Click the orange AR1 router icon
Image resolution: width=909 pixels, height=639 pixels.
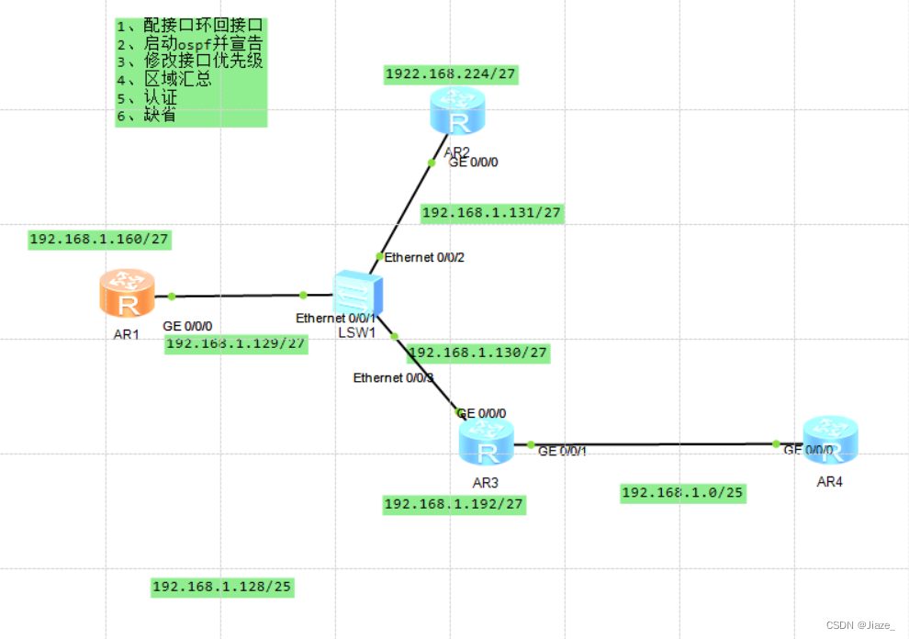coord(127,294)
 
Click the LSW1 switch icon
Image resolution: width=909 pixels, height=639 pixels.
coord(356,294)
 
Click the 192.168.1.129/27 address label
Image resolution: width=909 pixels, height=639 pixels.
coord(236,343)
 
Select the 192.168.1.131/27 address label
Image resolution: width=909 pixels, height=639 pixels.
coord(491,213)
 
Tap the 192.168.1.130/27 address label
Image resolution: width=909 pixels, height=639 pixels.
coord(477,353)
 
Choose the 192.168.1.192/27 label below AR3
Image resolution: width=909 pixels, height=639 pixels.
coord(454,503)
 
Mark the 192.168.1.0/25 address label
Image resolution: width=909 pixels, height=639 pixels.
coord(682,493)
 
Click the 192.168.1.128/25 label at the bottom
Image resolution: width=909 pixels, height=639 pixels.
coord(222,587)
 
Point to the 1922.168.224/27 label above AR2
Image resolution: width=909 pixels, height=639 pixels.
coord(450,74)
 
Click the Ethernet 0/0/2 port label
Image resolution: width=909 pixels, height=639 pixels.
coord(424,257)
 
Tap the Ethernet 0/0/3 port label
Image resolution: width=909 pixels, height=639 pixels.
coord(393,377)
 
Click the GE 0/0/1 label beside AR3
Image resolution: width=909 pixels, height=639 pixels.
coord(562,451)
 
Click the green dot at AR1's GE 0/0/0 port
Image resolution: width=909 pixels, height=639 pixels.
coord(172,296)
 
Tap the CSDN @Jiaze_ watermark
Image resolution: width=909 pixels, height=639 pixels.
coord(860,625)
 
